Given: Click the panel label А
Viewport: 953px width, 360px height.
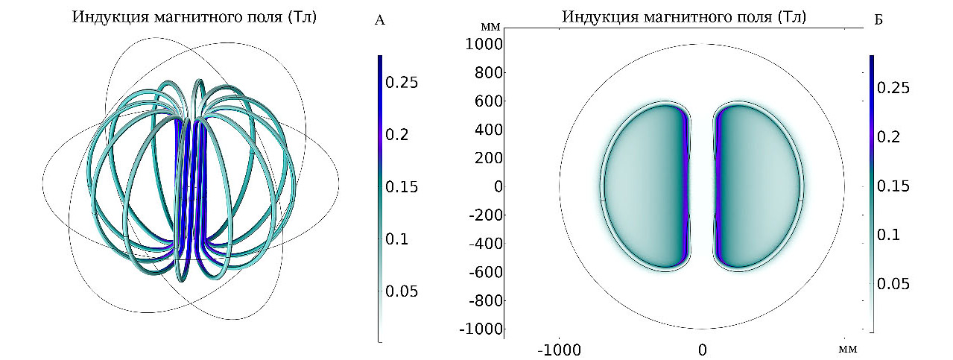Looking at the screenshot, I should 379,21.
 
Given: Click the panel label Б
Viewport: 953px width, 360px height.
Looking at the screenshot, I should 878,20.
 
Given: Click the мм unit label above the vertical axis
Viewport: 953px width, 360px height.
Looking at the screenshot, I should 491,26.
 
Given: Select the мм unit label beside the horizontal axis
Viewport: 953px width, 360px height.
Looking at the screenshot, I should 847,348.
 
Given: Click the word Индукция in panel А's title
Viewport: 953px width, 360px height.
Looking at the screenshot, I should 104,17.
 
